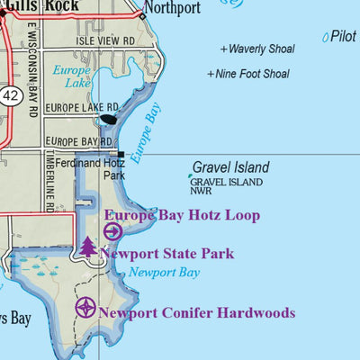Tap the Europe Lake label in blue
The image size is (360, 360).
tap(72, 76)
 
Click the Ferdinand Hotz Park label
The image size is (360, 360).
tap(98, 169)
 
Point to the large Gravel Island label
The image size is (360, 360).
tap(230, 167)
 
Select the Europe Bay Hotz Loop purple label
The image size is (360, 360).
tap(183, 215)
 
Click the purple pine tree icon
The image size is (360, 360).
tap(87, 247)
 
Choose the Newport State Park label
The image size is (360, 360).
tap(166, 254)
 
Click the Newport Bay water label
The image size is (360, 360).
tap(163, 273)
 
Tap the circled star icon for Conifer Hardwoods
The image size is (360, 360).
tap(85, 308)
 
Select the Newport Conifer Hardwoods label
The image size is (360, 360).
tap(197, 313)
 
